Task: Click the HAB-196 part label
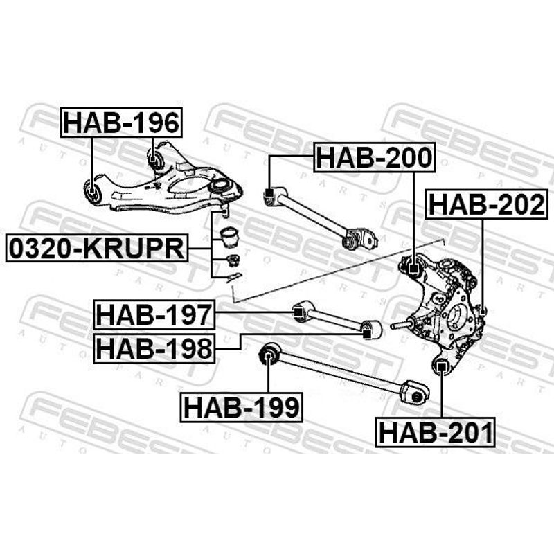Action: (x=122, y=123)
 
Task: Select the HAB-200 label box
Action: (x=374, y=158)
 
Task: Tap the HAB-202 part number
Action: (x=487, y=204)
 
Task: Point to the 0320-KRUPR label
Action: (x=97, y=248)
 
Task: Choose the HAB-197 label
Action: (x=154, y=314)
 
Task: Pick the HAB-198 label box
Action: (x=154, y=348)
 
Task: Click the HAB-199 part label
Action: (x=241, y=407)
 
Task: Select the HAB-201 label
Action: (x=435, y=432)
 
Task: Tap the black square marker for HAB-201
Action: (x=440, y=368)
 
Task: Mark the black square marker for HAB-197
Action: (x=298, y=312)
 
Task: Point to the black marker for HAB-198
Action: (x=368, y=333)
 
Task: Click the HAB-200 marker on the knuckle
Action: (x=413, y=269)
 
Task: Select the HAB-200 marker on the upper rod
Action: (x=269, y=193)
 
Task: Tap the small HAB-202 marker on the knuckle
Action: (x=483, y=312)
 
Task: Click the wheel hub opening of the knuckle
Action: (x=456, y=321)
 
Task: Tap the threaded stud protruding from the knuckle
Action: (x=401, y=324)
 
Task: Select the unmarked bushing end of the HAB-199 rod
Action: (x=415, y=392)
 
